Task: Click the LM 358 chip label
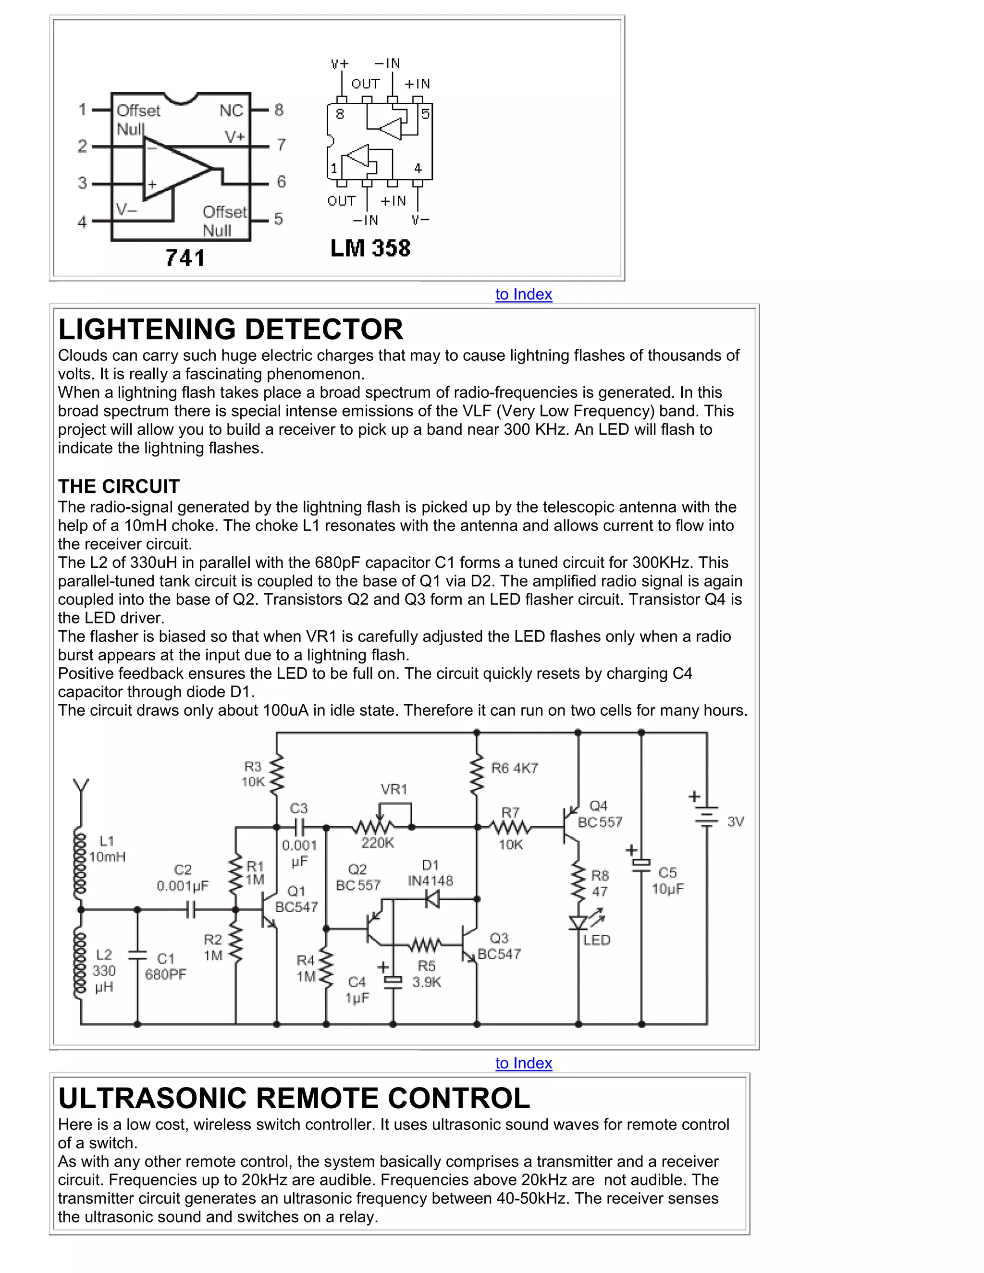pos(370,248)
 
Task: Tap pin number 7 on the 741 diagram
pos(281,145)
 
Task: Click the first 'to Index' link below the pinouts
pos(524,294)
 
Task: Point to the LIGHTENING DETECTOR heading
pos(230,330)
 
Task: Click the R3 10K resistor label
pos(253,774)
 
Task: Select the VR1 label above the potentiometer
pos(394,789)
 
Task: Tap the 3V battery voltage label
pos(736,822)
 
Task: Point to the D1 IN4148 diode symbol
pos(432,899)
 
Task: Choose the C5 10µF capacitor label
pos(667,881)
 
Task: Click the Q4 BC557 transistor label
pos(599,814)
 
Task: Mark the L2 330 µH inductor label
pos(104,970)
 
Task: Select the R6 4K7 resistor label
pos(514,768)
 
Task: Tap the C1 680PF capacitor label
pos(166,967)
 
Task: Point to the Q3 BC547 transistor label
pos(499,946)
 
